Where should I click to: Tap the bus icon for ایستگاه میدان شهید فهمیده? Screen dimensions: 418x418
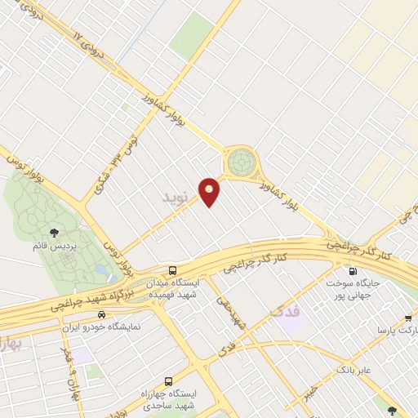[x=172, y=270]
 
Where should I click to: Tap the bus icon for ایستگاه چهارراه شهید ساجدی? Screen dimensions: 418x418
[x=168, y=381]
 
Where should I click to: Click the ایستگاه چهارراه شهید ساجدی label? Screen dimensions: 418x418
[x=167, y=398]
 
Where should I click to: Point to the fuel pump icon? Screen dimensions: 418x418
[x=354, y=272]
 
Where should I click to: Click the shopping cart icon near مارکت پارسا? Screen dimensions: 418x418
[x=408, y=319]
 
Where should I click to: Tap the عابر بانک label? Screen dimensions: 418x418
[x=354, y=370]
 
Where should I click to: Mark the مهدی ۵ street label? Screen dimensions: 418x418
[x=230, y=313]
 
